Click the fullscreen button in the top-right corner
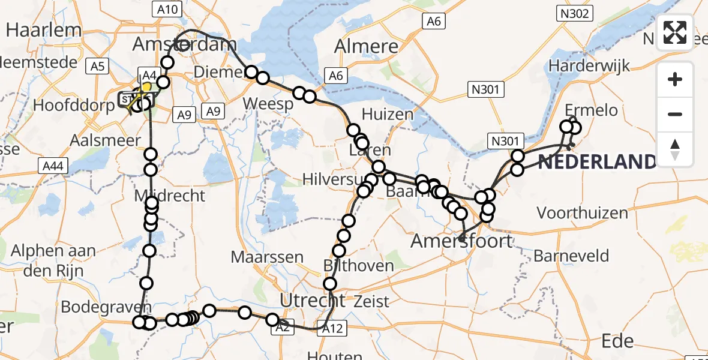pyautogui.click(x=676, y=32)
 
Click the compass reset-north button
pyautogui.click(x=676, y=149)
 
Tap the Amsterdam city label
pyautogui.click(x=184, y=44)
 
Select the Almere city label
pyautogui.click(x=366, y=46)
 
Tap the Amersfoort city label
pyautogui.click(x=461, y=242)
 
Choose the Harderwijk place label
pyautogui.click(x=590, y=65)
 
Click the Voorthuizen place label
pyautogui.click(x=583, y=213)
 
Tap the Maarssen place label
pyautogui.click(x=268, y=257)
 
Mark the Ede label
pyautogui.click(x=617, y=341)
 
